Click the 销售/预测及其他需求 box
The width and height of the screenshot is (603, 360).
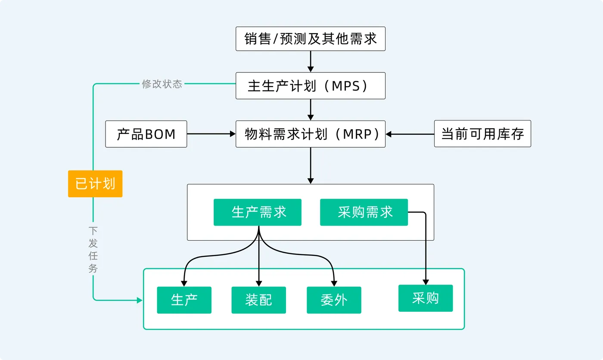[311, 39]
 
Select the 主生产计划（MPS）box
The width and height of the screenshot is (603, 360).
[311, 86]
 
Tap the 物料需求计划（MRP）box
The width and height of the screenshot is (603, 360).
[311, 134]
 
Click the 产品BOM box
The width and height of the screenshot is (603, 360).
[146, 134]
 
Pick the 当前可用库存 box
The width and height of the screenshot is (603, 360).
[482, 134]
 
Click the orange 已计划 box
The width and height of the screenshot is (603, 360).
[95, 184]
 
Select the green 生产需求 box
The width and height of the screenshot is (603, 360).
[258, 212]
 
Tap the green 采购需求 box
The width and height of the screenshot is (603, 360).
[364, 212]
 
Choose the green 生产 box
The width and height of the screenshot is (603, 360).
[184, 300]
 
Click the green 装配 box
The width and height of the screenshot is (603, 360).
[259, 300]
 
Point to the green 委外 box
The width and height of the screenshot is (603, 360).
[334, 300]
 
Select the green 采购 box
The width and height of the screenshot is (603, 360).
[426, 298]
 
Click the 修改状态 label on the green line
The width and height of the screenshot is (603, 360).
[162, 84]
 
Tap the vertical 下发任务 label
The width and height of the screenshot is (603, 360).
[93, 249]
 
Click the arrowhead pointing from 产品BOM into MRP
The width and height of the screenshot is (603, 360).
[233, 134]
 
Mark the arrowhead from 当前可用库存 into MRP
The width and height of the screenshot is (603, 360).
[389, 134]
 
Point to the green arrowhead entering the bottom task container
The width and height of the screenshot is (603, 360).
[140, 300]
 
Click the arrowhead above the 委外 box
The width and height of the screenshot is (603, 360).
[334, 284]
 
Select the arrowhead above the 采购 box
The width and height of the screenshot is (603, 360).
[426, 282]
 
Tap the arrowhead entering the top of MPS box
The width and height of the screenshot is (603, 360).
[311, 69]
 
